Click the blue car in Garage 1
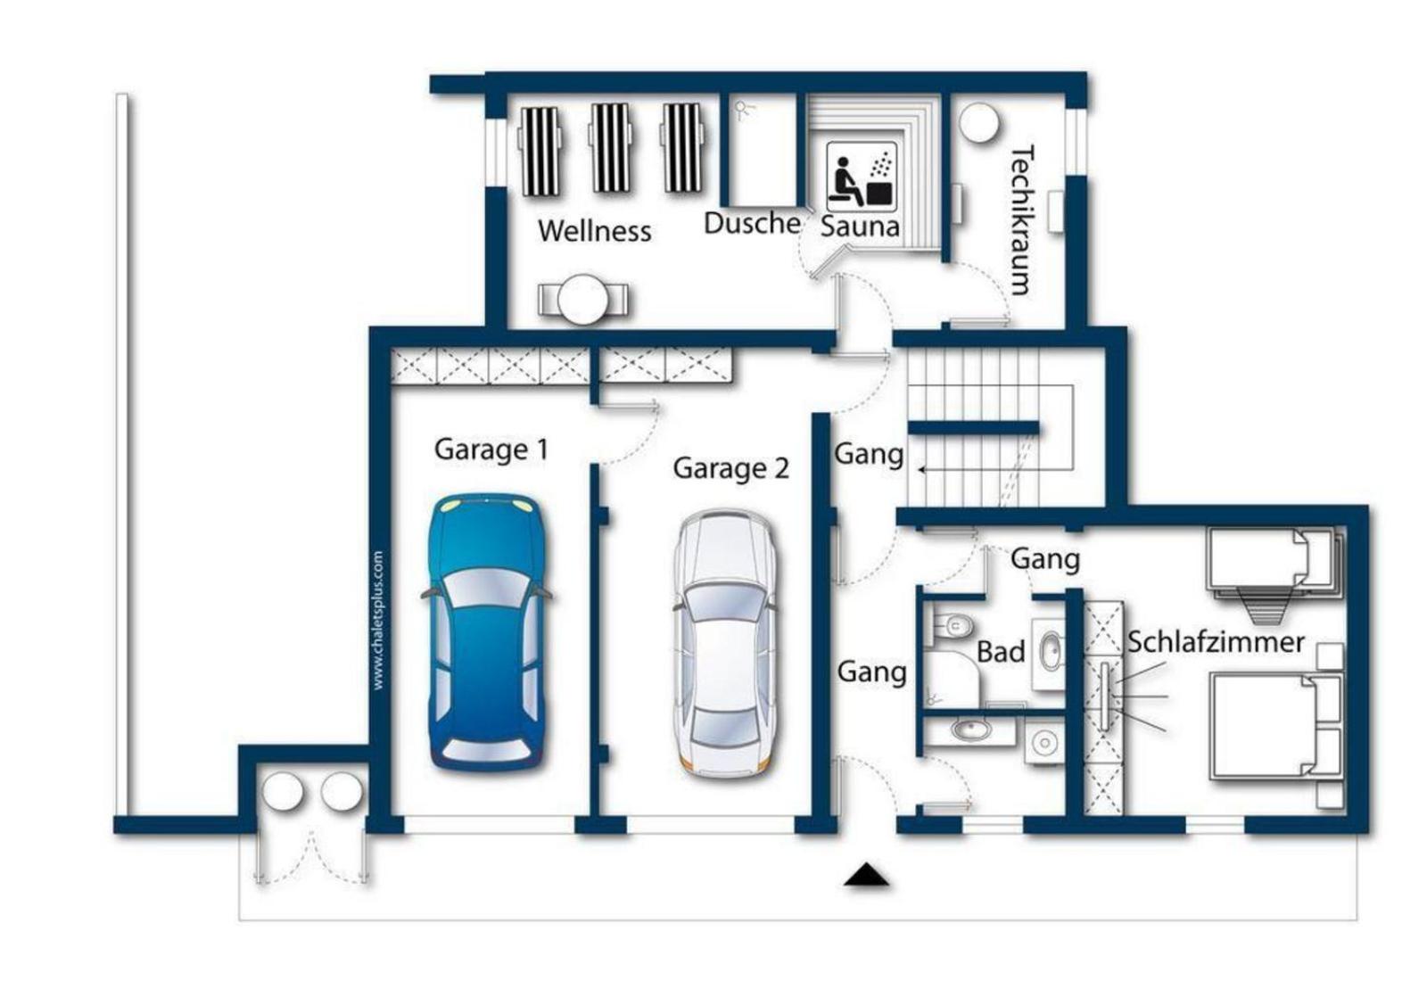click(x=487, y=632)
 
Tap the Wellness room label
click(x=594, y=231)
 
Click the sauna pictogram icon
click(x=862, y=177)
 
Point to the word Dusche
click(x=752, y=223)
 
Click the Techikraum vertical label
click(x=1022, y=219)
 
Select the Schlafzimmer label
click(x=1216, y=642)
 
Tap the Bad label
click(x=1001, y=652)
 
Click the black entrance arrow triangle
click(x=866, y=875)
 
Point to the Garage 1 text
click(x=491, y=449)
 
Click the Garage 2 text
click(x=730, y=469)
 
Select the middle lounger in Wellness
click(x=611, y=148)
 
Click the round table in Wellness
click(x=583, y=300)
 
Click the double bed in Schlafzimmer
click(x=1276, y=726)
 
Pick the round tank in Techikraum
click(x=978, y=123)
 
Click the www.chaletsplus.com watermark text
click(x=378, y=621)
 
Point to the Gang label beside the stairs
click(x=869, y=454)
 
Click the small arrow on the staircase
click(x=922, y=470)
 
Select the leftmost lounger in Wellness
click(x=540, y=151)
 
